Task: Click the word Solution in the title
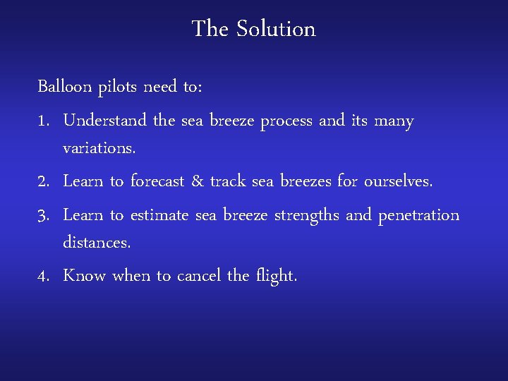[276, 30]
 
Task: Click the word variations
[98, 150]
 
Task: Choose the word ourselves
[397, 182]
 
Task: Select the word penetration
[419, 215]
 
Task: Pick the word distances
[97, 243]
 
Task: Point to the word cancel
[199, 276]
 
